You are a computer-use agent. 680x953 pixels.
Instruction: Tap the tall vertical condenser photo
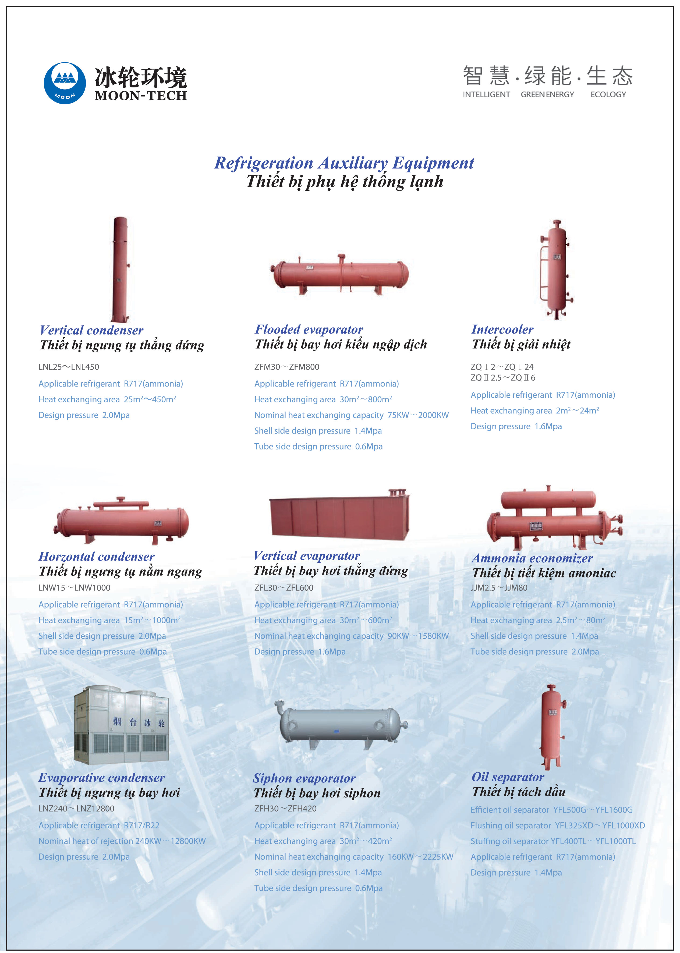(x=121, y=269)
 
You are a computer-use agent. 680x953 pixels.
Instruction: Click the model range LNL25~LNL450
(x=69, y=367)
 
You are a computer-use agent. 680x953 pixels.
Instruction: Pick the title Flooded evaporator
(x=309, y=329)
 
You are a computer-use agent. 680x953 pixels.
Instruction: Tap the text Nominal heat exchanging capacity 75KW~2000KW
(x=351, y=415)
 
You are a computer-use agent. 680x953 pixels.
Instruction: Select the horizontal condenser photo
(x=121, y=521)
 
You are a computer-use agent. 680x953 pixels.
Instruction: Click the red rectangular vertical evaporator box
(x=339, y=515)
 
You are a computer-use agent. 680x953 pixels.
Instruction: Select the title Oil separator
(x=508, y=777)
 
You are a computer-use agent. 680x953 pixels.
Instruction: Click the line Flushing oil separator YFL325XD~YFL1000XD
(x=558, y=826)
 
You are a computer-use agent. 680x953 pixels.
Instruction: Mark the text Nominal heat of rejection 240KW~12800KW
(x=122, y=841)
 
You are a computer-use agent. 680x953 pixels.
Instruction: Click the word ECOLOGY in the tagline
(x=608, y=95)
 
